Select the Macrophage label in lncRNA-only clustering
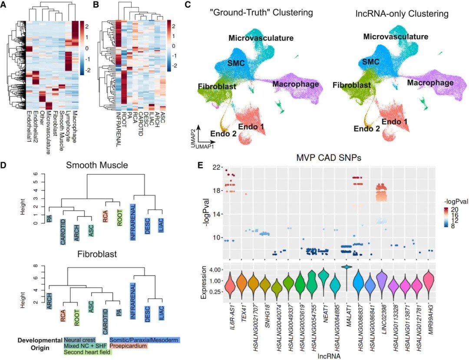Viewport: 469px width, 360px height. click(430, 83)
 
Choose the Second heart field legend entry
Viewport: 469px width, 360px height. click(87, 353)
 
